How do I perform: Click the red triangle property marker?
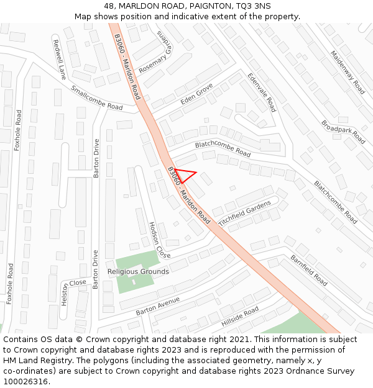coord(184,175)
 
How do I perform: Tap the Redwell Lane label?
coord(60,60)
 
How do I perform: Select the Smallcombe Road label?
coord(96,98)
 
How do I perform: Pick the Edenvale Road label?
coord(261,92)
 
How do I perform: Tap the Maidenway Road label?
coord(348,72)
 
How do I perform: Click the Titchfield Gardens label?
coord(244,212)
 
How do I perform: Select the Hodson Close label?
coord(159,240)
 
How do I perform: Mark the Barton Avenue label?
coord(157,305)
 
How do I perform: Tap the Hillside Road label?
coord(239,317)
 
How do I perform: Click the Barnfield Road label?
coord(308,270)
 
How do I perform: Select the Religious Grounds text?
coord(138,272)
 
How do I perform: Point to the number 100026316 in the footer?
coord(25,382)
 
